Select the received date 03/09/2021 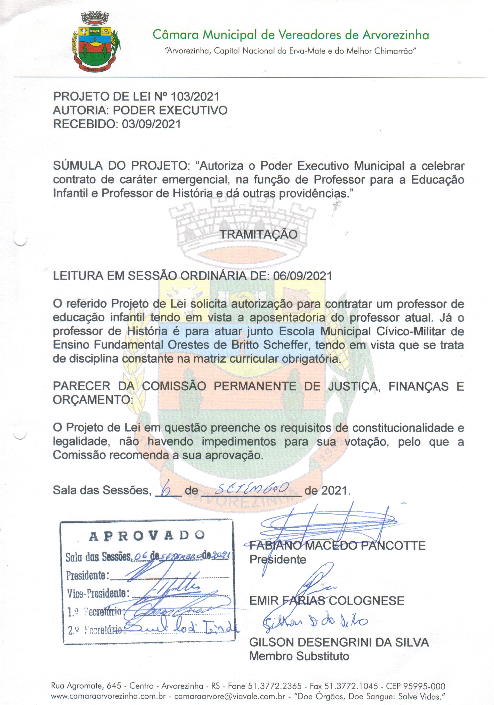pyautogui.click(x=151, y=124)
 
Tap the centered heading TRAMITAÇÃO pyautogui.click(x=259, y=234)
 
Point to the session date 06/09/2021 pyautogui.click(x=302, y=276)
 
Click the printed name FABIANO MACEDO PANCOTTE pyautogui.click(x=337, y=546)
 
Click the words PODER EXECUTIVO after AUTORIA pyautogui.click(x=170, y=110)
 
